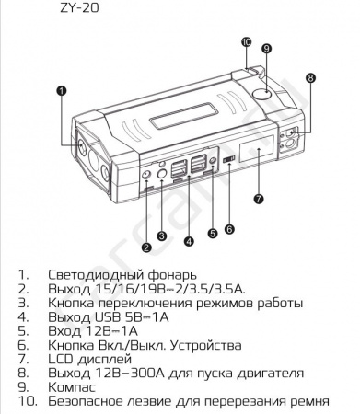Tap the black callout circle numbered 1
(61, 91)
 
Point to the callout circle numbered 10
(246, 41)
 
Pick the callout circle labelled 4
(188, 242)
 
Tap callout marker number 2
(145, 246)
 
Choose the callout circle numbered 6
(229, 228)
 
